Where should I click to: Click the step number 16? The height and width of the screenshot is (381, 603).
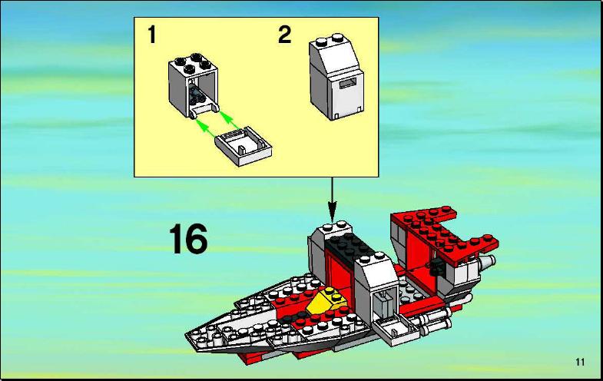coord(188,240)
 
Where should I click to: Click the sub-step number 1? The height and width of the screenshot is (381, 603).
coord(152,35)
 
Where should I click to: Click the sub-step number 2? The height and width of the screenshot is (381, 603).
coord(284,35)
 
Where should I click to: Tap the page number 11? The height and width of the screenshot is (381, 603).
coord(580,362)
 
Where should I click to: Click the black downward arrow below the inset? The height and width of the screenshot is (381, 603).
coord(332,199)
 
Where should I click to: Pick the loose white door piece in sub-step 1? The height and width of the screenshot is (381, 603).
coord(243,146)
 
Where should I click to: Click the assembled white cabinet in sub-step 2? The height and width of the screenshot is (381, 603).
coord(336,76)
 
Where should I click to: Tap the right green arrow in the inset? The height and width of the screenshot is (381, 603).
coord(230,120)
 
